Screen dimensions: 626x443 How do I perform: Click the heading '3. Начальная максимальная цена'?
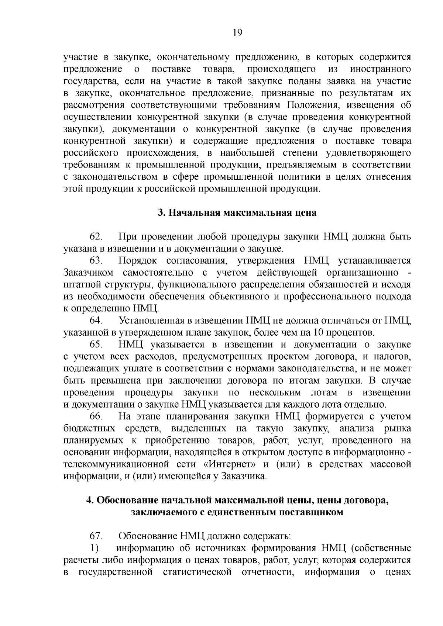pos(237,213)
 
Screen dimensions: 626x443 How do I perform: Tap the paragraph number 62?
pos(96,236)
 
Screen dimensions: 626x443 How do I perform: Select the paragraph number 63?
pos(96,260)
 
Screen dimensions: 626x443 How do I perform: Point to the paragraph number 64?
pos(96,320)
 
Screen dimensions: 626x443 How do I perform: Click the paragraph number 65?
pos(96,344)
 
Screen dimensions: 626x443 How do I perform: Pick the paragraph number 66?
pos(96,416)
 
